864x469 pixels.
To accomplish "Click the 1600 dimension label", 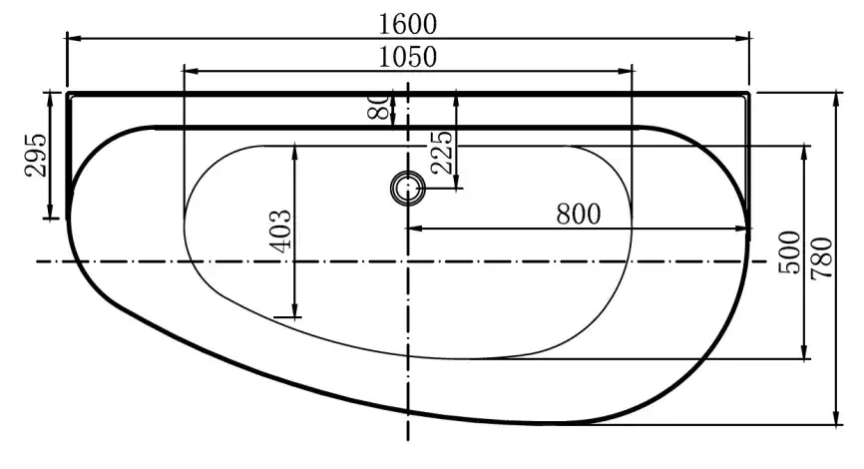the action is (408, 24).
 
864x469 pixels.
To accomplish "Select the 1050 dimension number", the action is (408, 57).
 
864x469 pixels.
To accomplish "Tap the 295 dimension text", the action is (36, 155).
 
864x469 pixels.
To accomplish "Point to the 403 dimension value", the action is (281, 231).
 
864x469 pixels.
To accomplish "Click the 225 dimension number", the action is (442, 152).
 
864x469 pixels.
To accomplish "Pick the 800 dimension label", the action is (578, 214).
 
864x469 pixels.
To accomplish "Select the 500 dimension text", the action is (789, 251).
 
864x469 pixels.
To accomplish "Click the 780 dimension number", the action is (821, 257).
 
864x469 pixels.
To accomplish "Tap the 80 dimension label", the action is (378, 107).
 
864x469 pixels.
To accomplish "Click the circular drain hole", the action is (408, 188).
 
